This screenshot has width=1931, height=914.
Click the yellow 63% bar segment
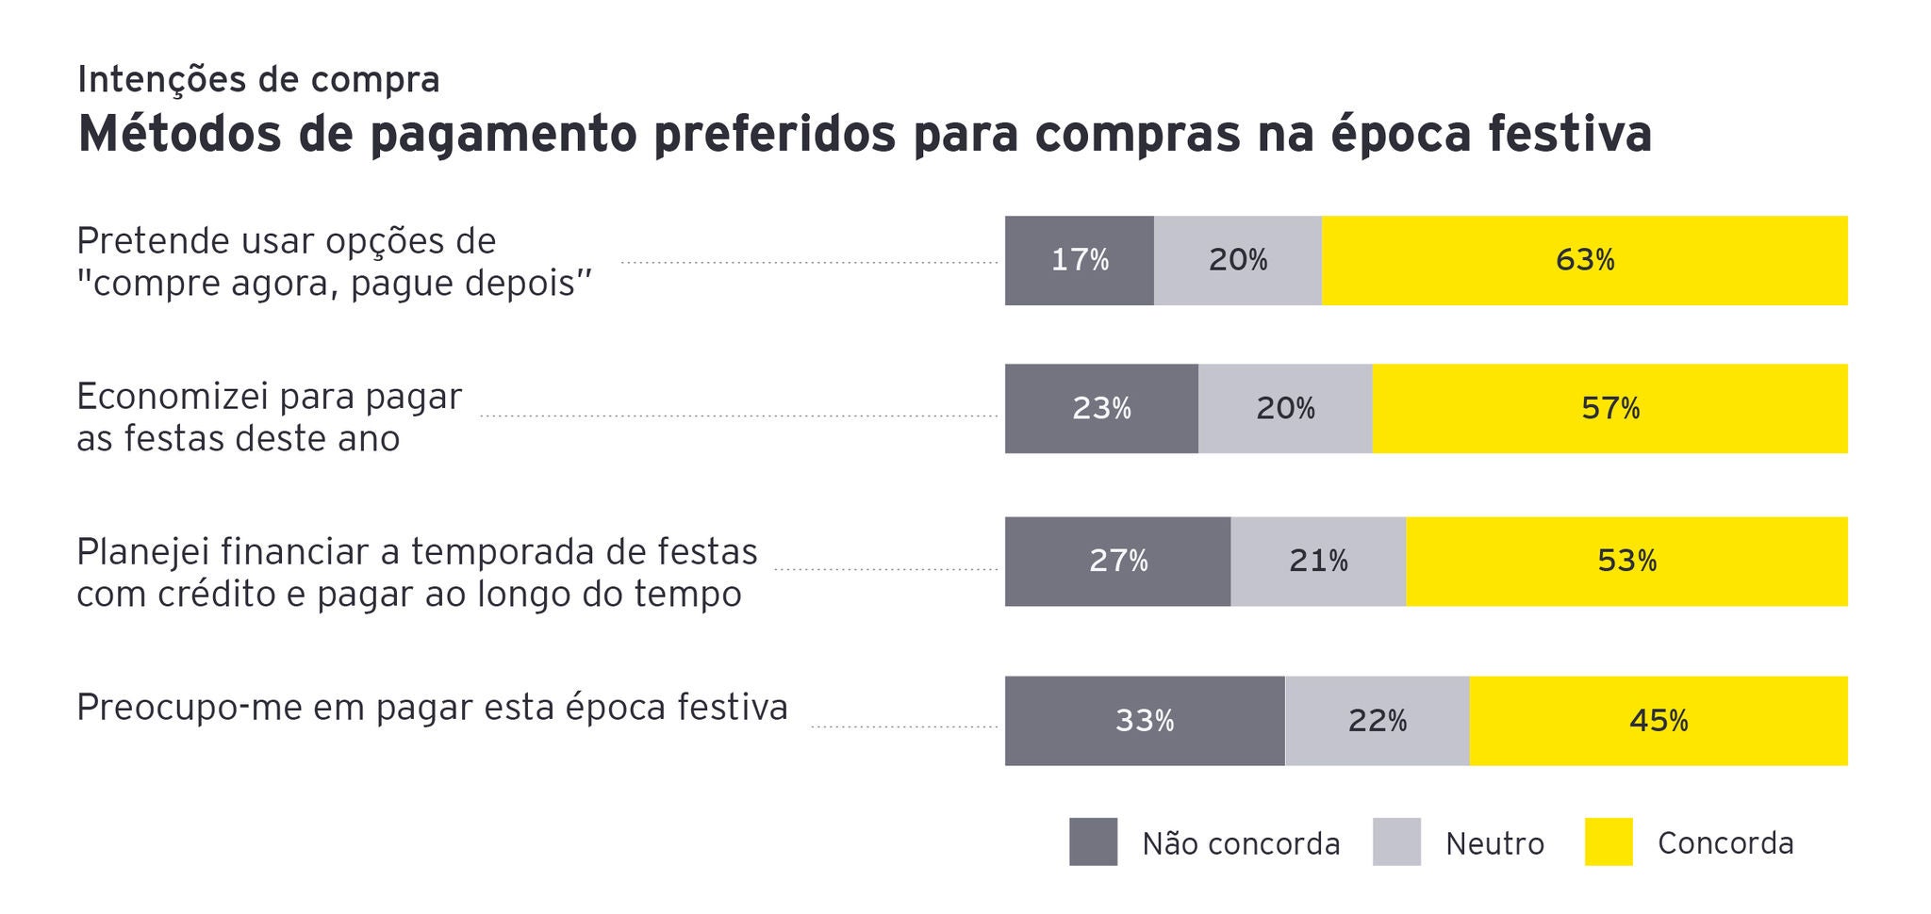click(1584, 260)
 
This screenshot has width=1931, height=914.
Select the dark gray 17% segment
click(1079, 260)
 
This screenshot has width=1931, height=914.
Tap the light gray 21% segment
click(1318, 562)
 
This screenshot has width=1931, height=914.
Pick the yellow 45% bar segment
click(1658, 721)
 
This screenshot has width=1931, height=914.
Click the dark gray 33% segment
click(1144, 721)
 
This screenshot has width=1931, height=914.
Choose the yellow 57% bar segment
click(1609, 409)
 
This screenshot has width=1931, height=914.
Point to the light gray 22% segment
click(1377, 721)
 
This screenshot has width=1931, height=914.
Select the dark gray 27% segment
click(1117, 562)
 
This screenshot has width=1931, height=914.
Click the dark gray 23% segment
click(1100, 409)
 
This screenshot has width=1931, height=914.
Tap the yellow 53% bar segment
click(1626, 562)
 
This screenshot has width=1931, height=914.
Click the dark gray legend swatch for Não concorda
click(1093, 841)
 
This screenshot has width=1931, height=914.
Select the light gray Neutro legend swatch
click(1396, 841)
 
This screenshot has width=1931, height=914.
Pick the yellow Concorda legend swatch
click(1608, 841)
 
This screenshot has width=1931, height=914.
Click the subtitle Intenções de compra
click(258, 80)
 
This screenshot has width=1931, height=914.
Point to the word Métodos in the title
click(179, 134)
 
